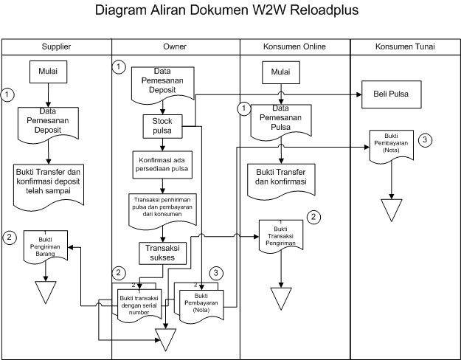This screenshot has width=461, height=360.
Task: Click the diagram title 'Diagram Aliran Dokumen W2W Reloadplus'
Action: click(x=230, y=13)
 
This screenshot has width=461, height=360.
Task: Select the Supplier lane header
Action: click(x=56, y=46)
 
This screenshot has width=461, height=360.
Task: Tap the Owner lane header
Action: click(x=175, y=46)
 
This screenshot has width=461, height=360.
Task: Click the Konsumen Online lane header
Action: click(x=294, y=46)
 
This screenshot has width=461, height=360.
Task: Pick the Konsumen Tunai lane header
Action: click(x=405, y=46)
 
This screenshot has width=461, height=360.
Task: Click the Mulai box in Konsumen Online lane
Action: click(x=280, y=74)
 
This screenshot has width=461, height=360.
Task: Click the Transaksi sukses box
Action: click(x=162, y=252)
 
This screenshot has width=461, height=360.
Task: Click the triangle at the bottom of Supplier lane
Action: click(x=46, y=291)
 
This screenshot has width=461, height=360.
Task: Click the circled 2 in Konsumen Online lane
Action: click(x=314, y=217)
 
